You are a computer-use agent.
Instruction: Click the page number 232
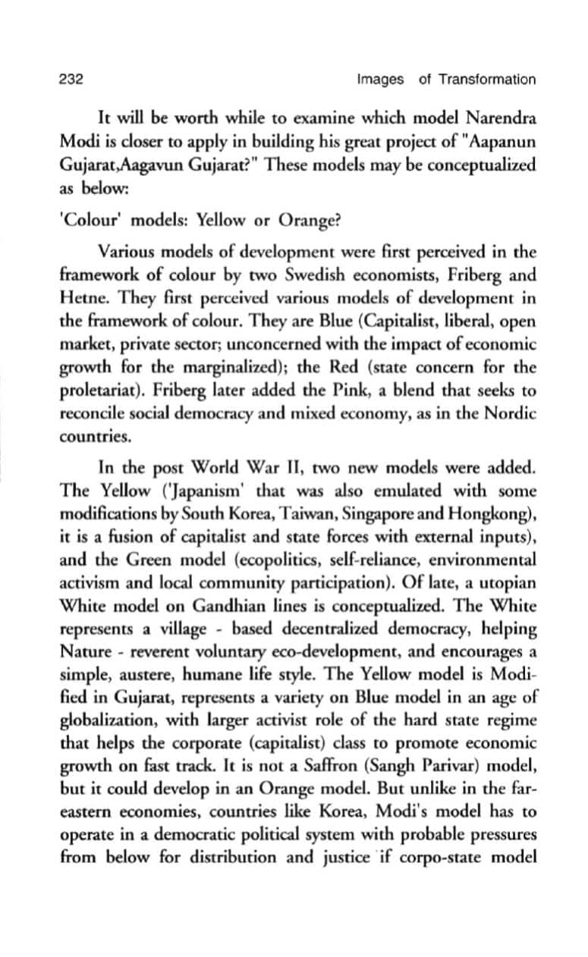70,80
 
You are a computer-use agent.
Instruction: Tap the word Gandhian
228,607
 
